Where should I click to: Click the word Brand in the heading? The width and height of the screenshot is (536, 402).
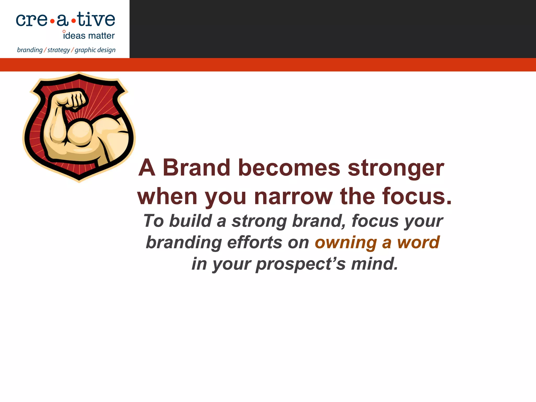pyautogui.click(x=196, y=168)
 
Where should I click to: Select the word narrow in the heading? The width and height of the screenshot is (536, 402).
pyautogui.click(x=293, y=197)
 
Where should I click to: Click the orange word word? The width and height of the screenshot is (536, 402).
pyautogui.click(x=418, y=242)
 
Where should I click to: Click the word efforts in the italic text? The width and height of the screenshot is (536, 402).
pyautogui.click(x=254, y=242)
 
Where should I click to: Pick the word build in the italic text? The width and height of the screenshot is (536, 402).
pyautogui.click(x=190, y=221)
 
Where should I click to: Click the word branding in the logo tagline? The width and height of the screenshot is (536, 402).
pyautogui.click(x=30, y=50)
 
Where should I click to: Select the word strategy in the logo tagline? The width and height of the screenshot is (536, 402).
pyautogui.click(x=59, y=50)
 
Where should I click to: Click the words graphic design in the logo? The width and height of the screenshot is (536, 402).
pyautogui.click(x=95, y=50)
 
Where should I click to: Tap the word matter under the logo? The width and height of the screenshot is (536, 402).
pyautogui.click(x=101, y=36)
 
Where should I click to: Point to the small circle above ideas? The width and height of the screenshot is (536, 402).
pyautogui.click(x=64, y=31)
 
